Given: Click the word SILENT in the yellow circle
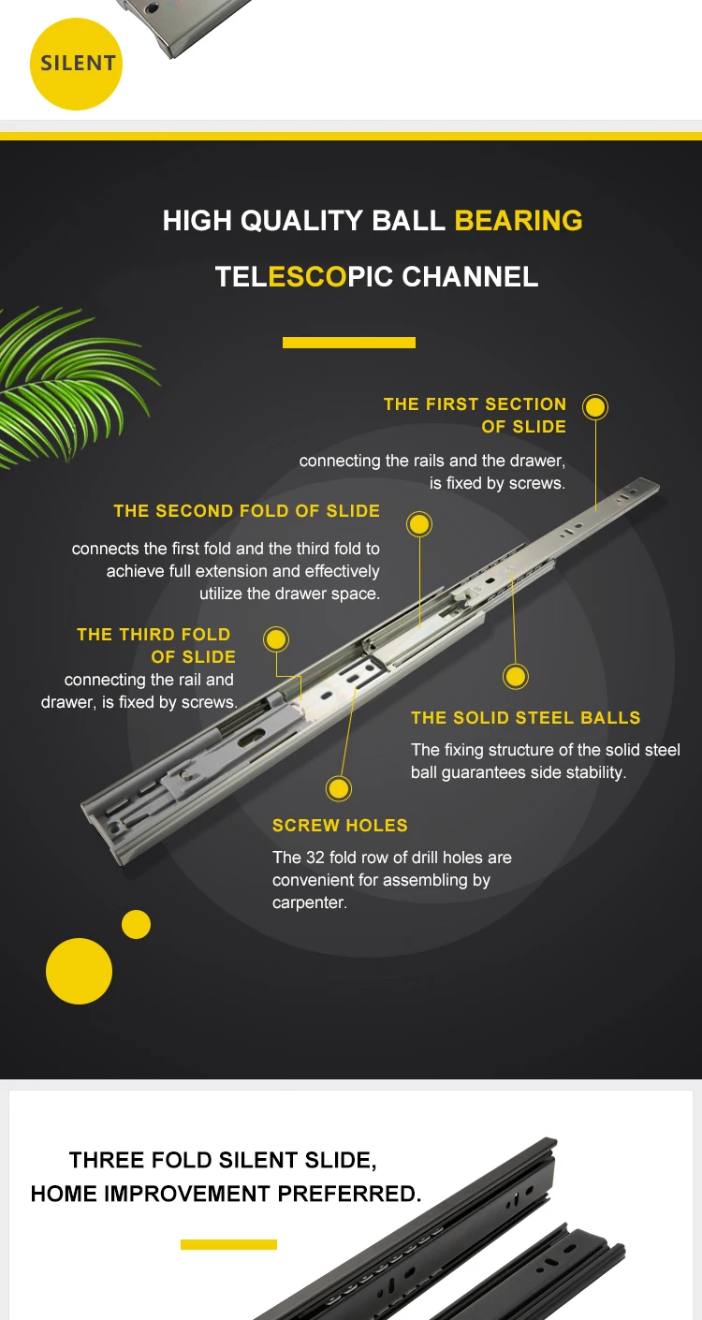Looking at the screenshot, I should point(78,64).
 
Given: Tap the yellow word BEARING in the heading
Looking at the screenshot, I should point(518,221).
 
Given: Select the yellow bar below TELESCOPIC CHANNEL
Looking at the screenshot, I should point(348,343).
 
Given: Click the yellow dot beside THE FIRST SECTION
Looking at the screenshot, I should point(594,407).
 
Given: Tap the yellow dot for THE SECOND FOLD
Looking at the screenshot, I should point(419,523).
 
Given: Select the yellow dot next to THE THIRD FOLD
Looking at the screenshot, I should point(275,639).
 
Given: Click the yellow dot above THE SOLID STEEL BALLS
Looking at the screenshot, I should point(516,676).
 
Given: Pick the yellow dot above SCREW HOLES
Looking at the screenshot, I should point(338,788).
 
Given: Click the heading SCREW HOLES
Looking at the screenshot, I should point(340,826).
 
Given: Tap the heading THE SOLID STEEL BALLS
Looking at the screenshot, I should point(525,718).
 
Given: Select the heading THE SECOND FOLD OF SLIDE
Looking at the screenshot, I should point(247,511).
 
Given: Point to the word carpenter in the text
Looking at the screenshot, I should point(309,903).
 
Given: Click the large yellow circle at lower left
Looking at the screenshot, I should point(79,971).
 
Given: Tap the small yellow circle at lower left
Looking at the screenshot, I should point(136,924).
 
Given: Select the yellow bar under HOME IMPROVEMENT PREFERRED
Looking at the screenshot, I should point(228,1244).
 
